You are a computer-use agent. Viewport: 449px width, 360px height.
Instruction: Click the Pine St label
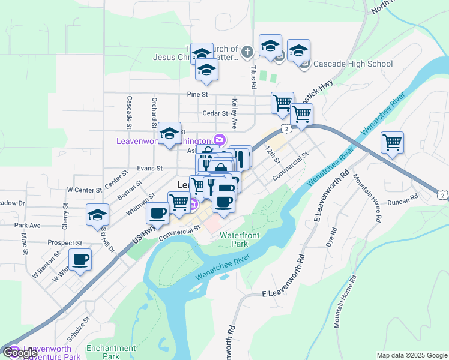[x=197, y=94]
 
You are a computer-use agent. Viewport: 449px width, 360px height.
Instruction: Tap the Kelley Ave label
[x=235, y=114]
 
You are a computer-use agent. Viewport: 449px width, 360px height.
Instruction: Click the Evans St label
[x=150, y=169]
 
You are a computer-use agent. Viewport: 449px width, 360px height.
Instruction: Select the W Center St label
[x=85, y=190]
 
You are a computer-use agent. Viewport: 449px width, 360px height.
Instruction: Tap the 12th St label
[x=273, y=154]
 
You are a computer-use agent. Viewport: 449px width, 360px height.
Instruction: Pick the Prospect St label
[x=65, y=243]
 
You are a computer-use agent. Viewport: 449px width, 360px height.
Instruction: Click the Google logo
[x=20, y=353]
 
